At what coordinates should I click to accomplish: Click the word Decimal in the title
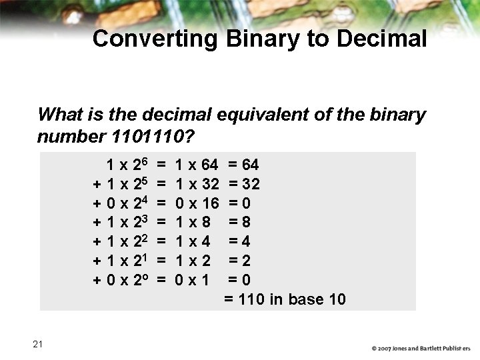click(x=381, y=39)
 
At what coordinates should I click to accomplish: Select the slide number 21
click(x=37, y=344)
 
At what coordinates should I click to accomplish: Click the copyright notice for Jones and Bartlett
click(x=421, y=348)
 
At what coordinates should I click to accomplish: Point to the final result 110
click(x=251, y=299)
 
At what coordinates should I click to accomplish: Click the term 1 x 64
click(x=196, y=165)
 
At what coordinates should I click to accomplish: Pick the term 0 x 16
click(x=196, y=203)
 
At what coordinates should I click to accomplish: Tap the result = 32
click(x=243, y=184)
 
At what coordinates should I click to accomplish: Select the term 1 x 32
click(x=196, y=184)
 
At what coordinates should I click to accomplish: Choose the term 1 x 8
click(x=192, y=221)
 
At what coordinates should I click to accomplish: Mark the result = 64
click(x=243, y=165)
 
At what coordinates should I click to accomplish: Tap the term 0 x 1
click(x=192, y=279)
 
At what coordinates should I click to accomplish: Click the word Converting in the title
click(x=155, y=39)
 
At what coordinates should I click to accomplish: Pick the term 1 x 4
click(x=192, y=241)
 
